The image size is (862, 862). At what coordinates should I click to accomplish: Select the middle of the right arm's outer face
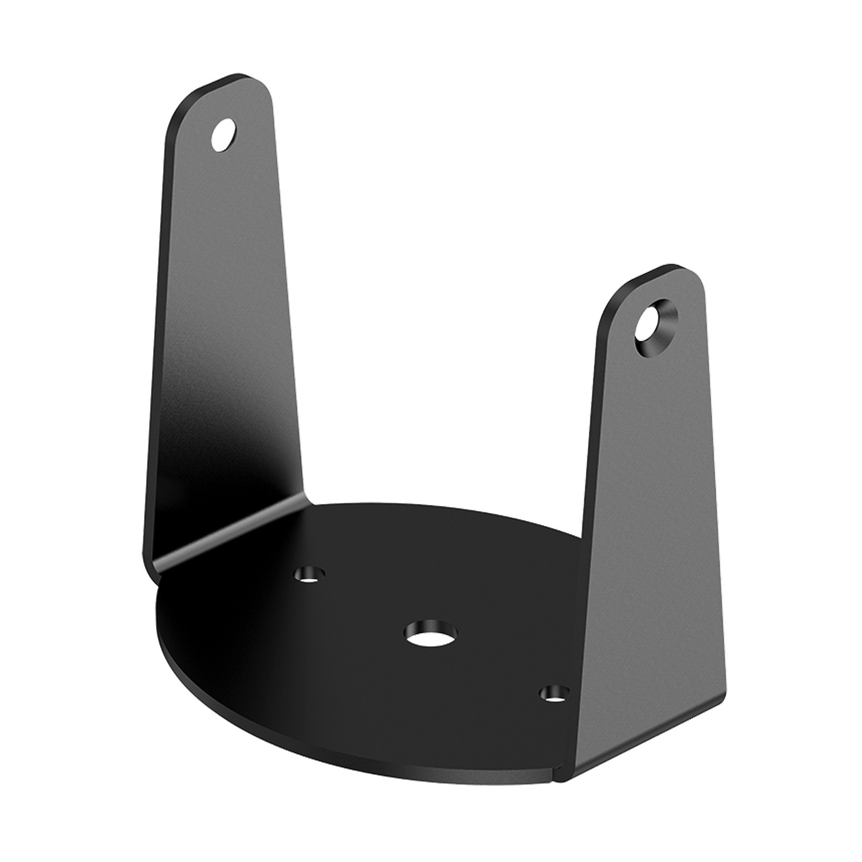tap(652, 539)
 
